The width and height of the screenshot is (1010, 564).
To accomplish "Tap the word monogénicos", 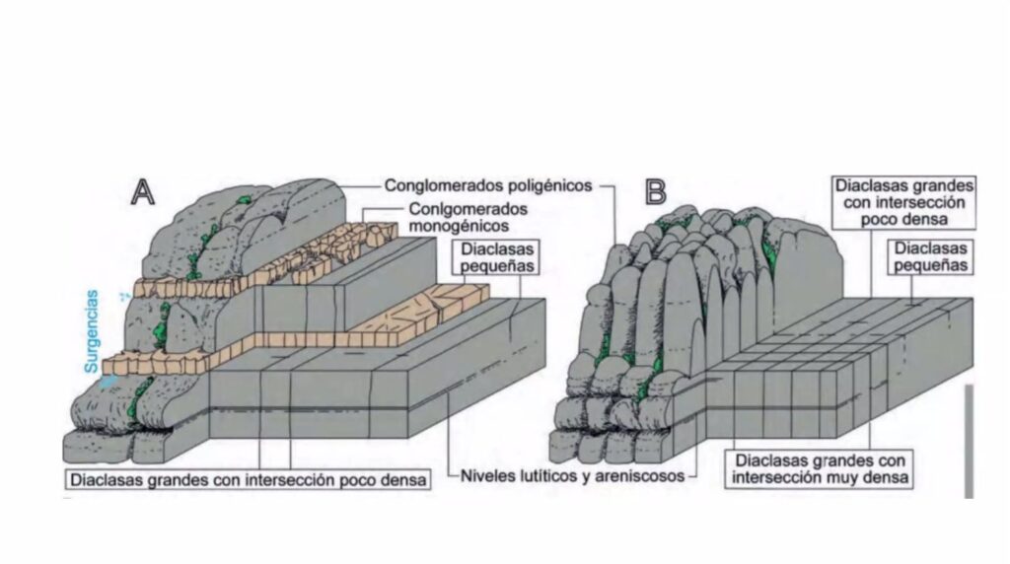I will coord(451,226).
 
